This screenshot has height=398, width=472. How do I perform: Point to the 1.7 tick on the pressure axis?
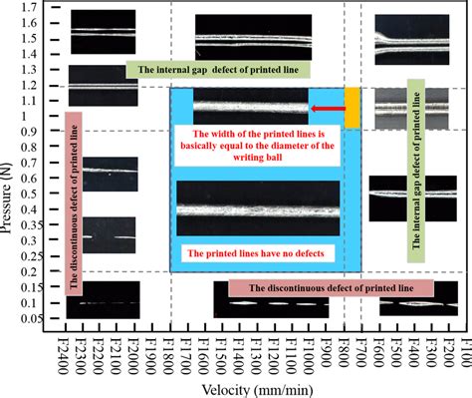(x=42, y=7)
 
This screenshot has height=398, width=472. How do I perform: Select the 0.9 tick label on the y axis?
(x=42, y=132)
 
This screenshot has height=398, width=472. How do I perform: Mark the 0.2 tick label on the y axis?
(x=42, y=271)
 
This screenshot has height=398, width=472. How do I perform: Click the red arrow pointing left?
(x=326, y=109)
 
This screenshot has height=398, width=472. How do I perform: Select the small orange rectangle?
(x=353, y=106)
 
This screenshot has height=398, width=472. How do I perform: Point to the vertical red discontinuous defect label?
(x=73, y=199)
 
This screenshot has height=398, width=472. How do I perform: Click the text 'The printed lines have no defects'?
(x=262, y=253)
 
